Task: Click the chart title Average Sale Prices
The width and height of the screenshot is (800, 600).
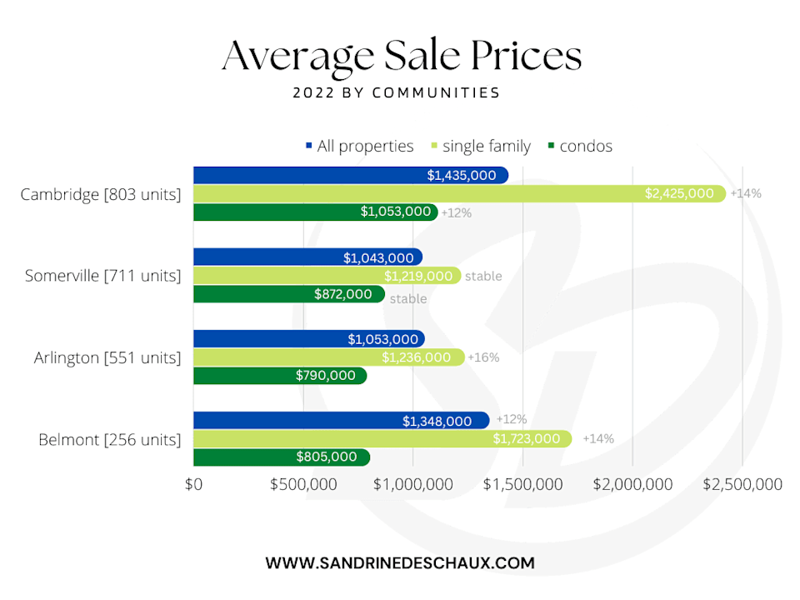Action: (401, 56)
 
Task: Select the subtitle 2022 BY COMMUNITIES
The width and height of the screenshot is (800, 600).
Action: (397, 92)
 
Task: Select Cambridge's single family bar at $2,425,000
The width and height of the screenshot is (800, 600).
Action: (458, 193)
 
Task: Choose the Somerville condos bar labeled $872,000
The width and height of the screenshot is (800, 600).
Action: (288, 294)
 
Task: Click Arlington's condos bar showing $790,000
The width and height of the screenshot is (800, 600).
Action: (279, 376)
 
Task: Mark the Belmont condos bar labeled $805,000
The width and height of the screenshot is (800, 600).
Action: (281, 457)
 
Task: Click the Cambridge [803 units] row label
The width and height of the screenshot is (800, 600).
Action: (101, 194)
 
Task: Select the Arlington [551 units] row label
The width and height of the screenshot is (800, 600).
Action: (107, 357)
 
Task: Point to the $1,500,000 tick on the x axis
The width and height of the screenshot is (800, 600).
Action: (522, 484)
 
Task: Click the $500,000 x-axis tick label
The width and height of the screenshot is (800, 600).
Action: (303, 484)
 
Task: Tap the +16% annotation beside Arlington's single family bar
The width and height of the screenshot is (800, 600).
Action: (483, 357)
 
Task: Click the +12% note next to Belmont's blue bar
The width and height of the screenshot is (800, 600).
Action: (511, 419)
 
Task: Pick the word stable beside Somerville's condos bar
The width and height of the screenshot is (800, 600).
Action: (408, 298)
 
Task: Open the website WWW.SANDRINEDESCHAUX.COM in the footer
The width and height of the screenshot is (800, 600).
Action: (400, 563)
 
